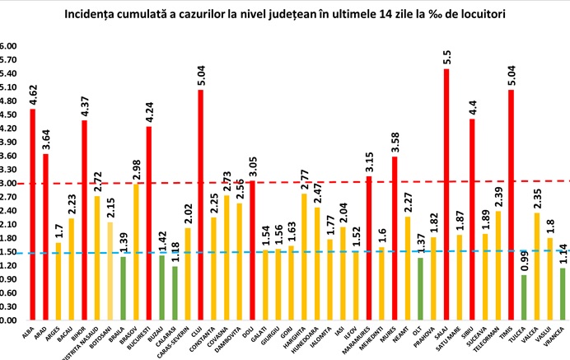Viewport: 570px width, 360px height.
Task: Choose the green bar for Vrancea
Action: point(563,294)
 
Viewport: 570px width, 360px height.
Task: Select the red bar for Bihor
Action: point(84,220)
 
